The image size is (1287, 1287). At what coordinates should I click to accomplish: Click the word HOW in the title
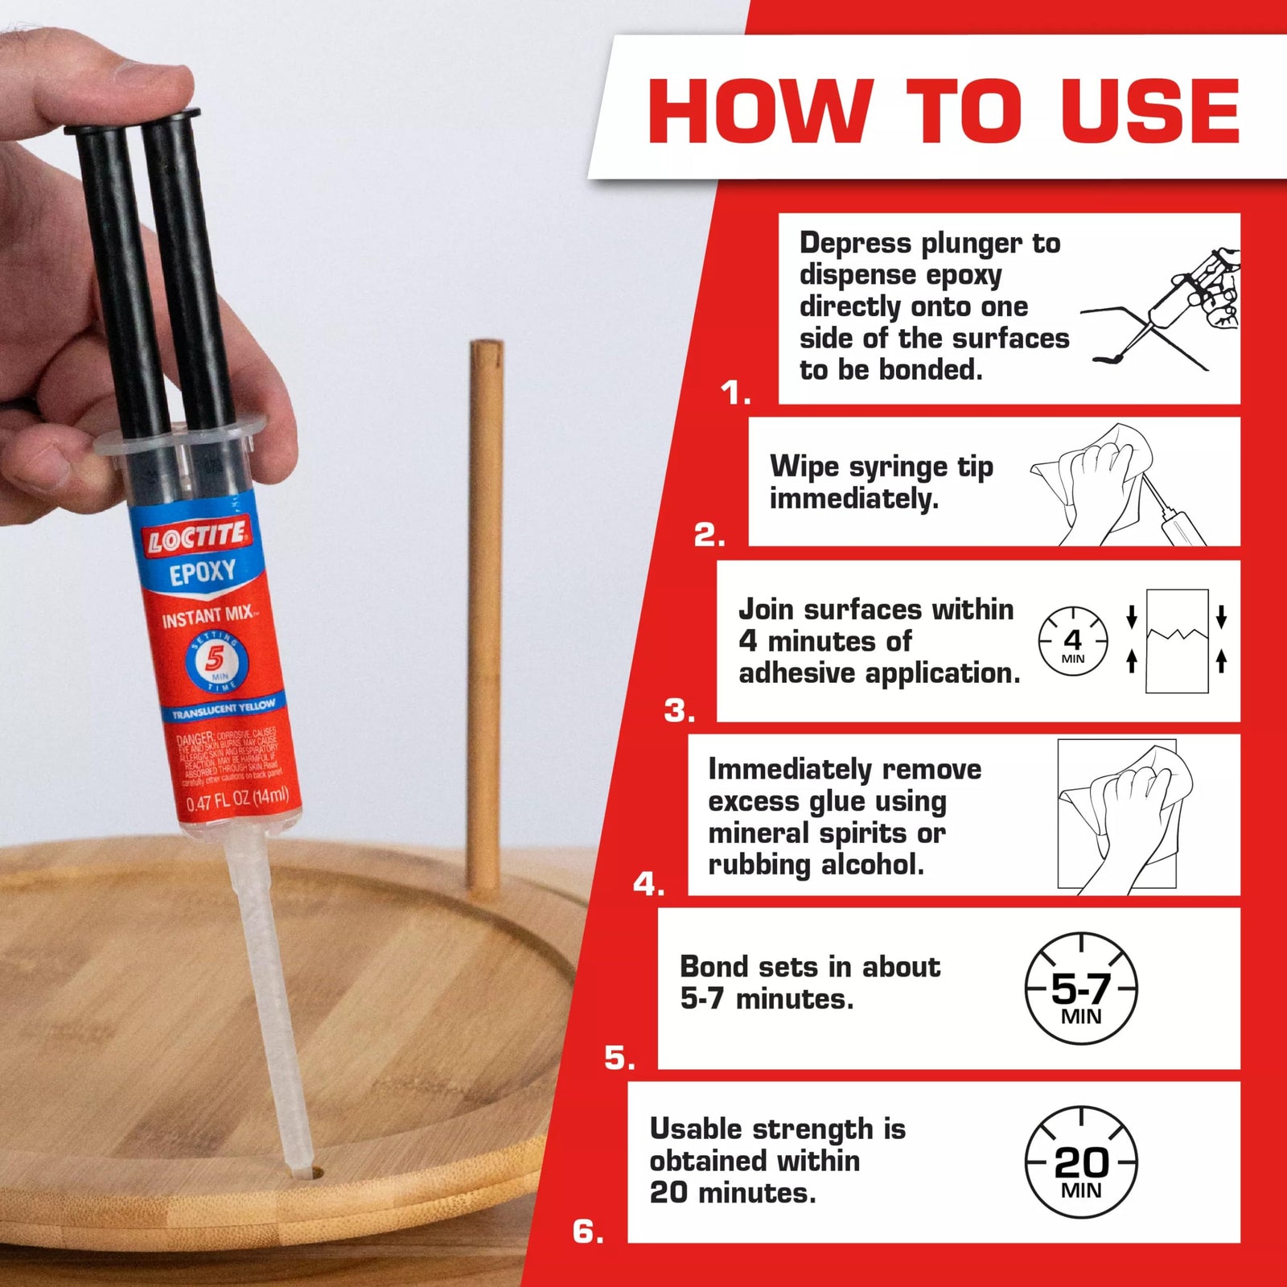pyautogui.click(x=760, y=111)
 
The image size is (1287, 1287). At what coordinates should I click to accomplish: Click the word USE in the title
pyautogui.click(x=1150, y=111)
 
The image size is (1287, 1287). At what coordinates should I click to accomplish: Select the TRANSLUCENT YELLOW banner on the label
pyautogui.click(x=224, y=709)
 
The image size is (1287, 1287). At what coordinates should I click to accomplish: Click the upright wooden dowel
pyautogui.click(x=485, y=611)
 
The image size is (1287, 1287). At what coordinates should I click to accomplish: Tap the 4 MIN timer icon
pyautogui.click(x=1073, y=642)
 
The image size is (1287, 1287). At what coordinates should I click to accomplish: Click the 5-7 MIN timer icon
pyautogui.click(x=1081, y=989)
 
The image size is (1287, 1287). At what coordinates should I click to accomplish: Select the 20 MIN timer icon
pyautogui.click(x=1081, y=1163)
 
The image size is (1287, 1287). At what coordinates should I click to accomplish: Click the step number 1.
pyautogui.click(x=734, y=393)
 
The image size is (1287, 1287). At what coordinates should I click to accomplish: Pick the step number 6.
pyautogui.click(x=587, y=1231)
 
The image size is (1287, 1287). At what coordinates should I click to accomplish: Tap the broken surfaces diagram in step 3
pyautogui.click(x=1177, y=641)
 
